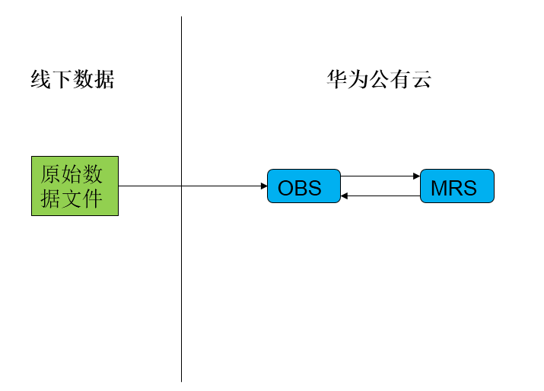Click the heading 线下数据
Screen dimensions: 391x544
coord(72,79)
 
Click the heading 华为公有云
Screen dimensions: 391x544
coord(379,79)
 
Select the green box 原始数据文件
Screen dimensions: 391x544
coord(75,186)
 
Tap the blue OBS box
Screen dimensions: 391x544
coord(304,186)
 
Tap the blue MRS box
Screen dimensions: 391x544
coord(457,186)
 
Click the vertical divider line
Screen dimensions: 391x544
coord(181,289)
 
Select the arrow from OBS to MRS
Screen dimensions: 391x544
coord(379,176)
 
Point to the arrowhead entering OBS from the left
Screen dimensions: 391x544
coord(263,186)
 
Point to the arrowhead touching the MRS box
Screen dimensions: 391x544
coord(416,176)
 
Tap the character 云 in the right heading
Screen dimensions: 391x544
coord(422,79)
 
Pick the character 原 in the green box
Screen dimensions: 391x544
coord(51,175)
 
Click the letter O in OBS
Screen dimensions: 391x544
coord(286,188)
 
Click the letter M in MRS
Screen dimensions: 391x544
coord(439,188)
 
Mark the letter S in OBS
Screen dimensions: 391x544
coord(313,188)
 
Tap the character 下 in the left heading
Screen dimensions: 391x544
coord(62,79)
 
